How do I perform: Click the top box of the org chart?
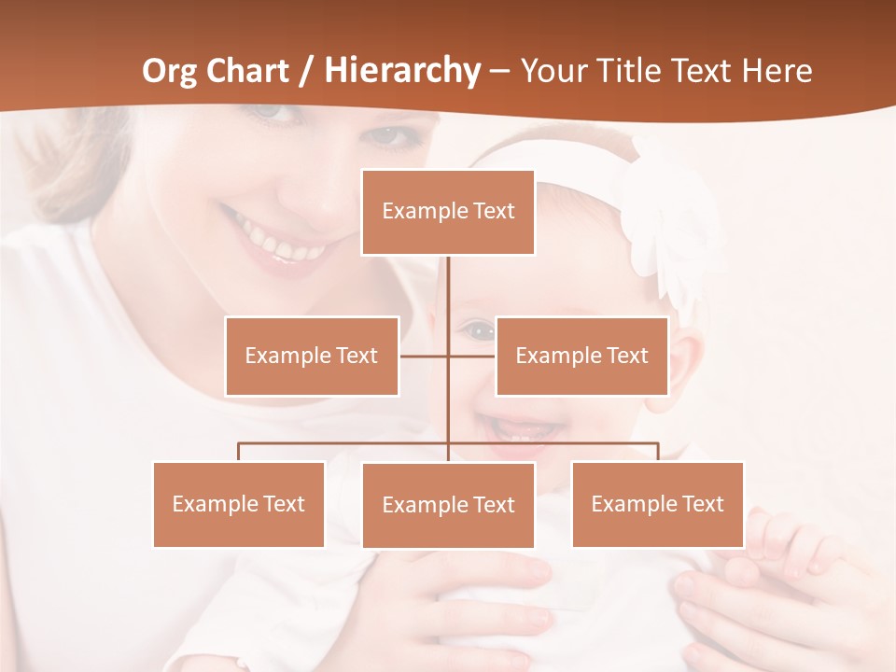tap(448, 212)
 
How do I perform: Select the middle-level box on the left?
tap(312, 356)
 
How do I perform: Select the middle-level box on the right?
tap(581, 356)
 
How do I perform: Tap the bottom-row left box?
tap(239, 504)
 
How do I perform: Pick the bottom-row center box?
tap(448, 505)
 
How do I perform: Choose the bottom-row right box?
tap(657, 504)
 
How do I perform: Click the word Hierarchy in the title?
tap(402, 70)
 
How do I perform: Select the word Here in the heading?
tap(777, 70)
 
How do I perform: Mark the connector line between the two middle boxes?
tap(448, 356)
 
